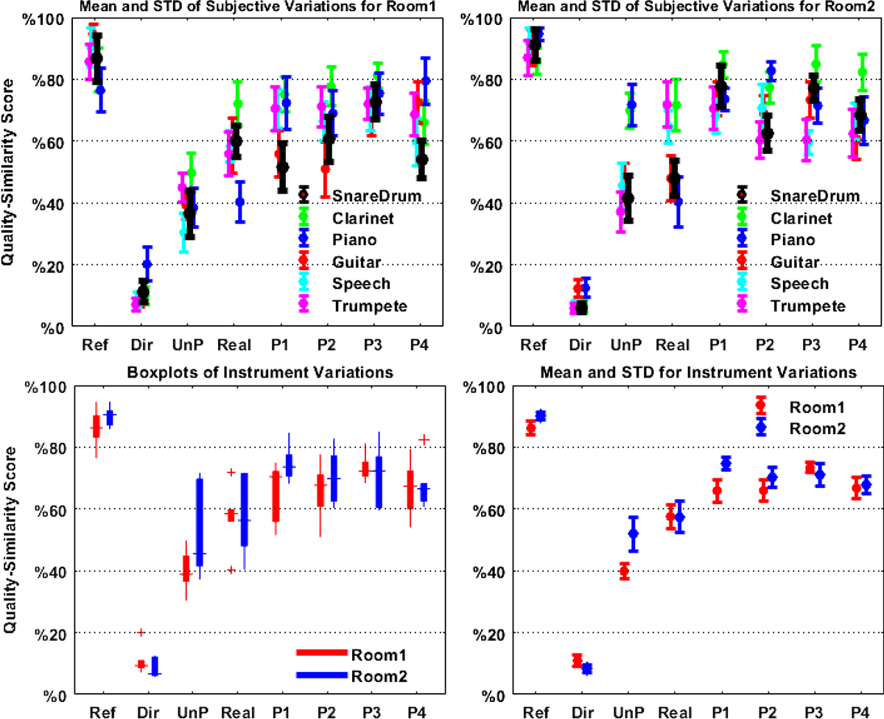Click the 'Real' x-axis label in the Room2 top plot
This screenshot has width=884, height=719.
coord(668,345)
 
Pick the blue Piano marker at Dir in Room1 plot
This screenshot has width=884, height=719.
coord(147,263)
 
